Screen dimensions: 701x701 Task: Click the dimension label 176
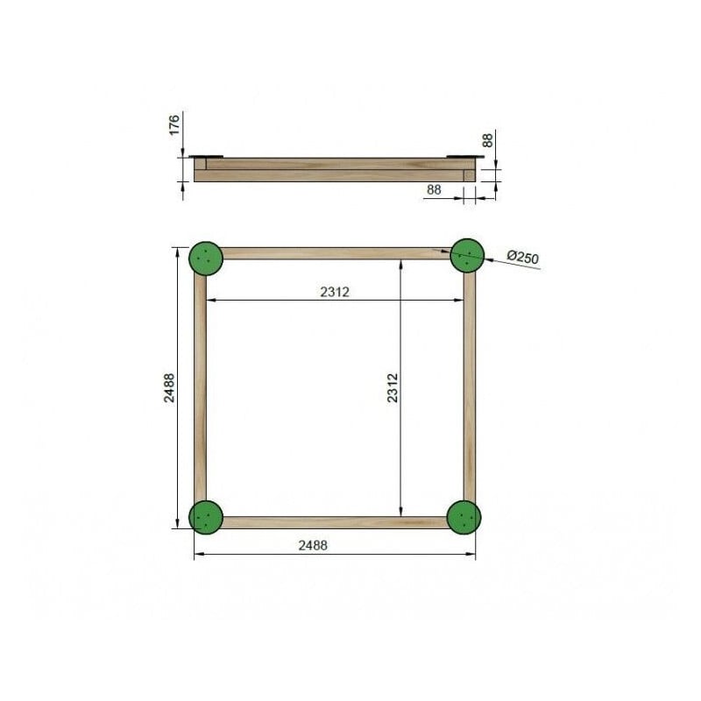(173, 124)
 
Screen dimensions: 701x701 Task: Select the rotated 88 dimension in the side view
(488, 140)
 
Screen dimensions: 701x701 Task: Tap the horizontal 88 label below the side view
(434, 189)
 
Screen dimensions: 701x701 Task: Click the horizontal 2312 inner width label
(335, 292)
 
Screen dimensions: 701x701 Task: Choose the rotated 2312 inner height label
(393, 388)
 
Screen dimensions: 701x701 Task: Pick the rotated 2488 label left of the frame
(169, 388)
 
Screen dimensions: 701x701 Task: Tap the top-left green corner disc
(206, 258)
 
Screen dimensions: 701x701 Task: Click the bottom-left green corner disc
(207, 516)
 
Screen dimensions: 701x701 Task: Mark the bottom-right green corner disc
(464, 517)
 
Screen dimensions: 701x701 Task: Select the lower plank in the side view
(333, 176)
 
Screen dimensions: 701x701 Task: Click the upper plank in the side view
(333, 164)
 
